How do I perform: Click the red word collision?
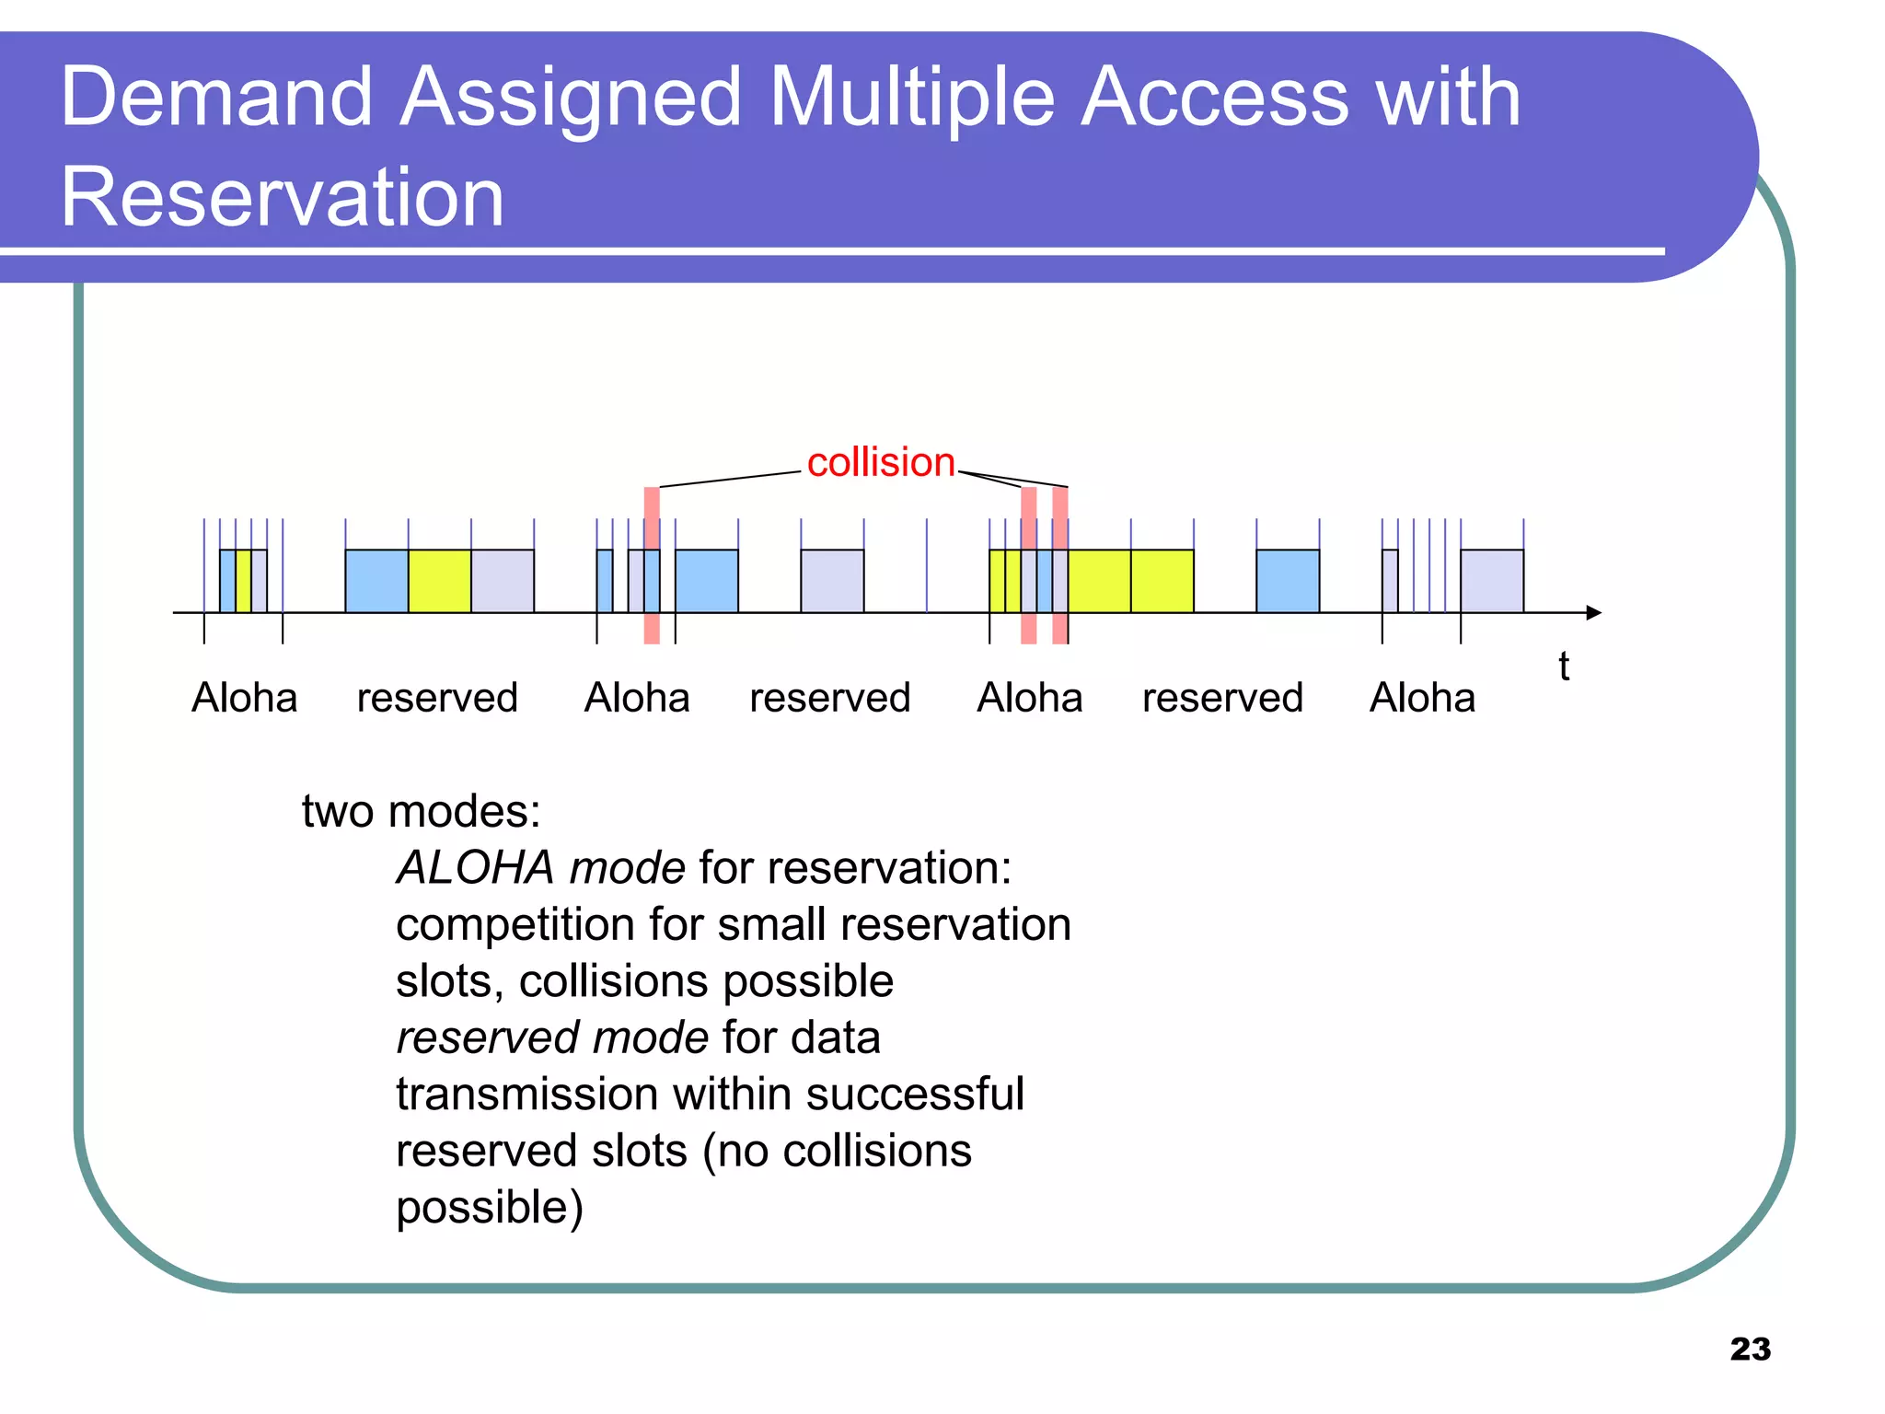tap(880, 462)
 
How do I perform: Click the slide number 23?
tap(1750, 1349)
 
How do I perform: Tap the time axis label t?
tap(1563, 666)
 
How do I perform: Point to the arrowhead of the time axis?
tap(1594, 613)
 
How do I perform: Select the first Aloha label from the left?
tap(244, 698)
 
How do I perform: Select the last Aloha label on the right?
tap(1422, 698)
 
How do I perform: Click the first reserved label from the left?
tap(437, 698)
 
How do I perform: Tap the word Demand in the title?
tap(216, 97)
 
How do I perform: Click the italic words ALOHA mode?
tap(540, 867)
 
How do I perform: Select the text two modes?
tap(421, 811)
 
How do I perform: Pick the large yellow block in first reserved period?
tap(439, 581)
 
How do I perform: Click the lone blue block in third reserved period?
tap(1288, 581)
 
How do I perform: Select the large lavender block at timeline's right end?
tap(1491, 581)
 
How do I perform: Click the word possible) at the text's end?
tap(490, 1207)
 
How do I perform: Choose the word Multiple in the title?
tap(911, 97)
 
